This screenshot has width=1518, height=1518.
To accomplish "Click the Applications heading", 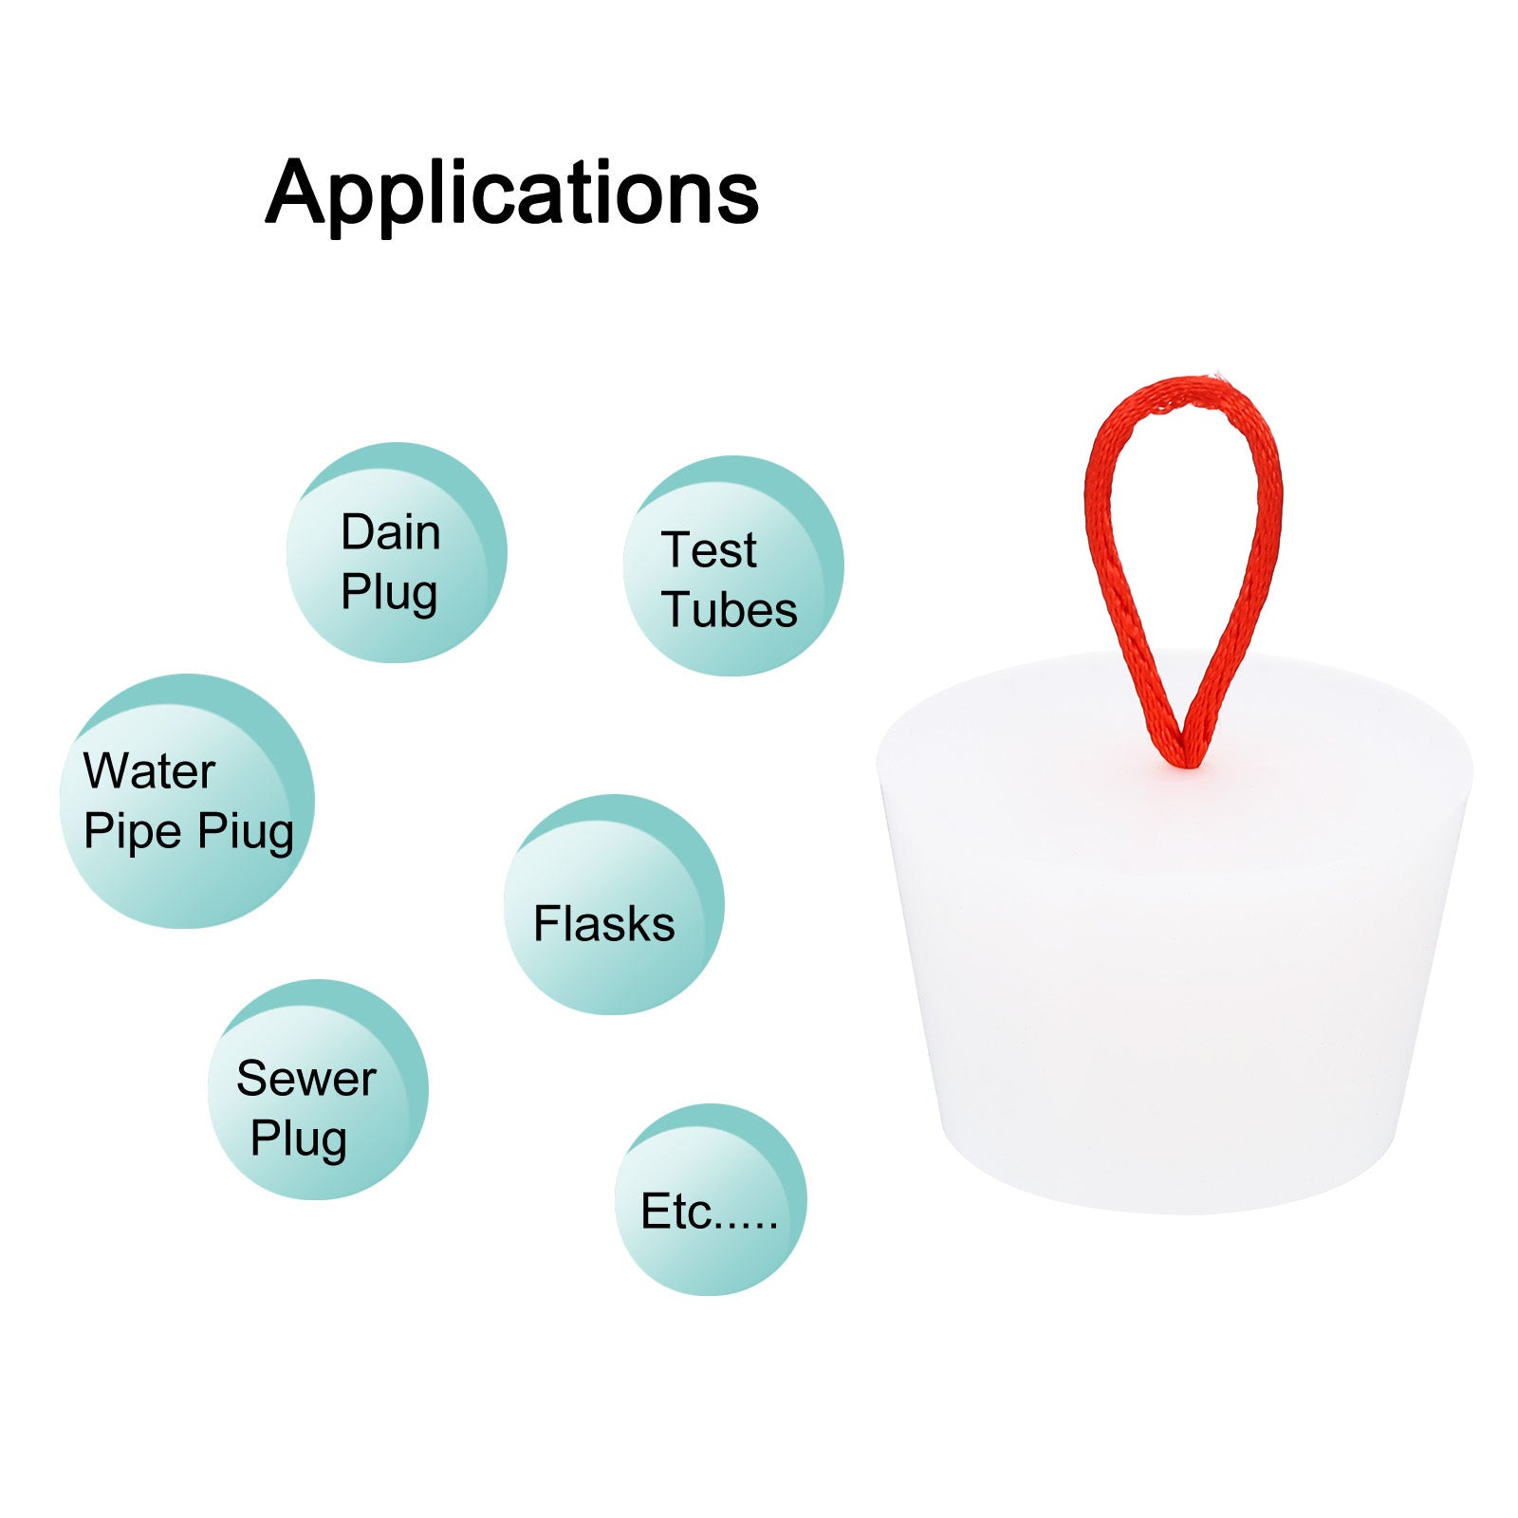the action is [512, 194].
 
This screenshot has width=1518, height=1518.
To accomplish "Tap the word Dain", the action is [391, 532].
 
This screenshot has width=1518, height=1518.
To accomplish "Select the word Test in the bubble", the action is [710, 550].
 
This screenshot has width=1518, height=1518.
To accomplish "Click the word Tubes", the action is [730, 609].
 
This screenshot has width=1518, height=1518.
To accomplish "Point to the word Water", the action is [149, 770].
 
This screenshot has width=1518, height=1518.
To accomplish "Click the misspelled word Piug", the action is [246, 832].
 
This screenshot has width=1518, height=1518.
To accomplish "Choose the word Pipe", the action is [133, 832].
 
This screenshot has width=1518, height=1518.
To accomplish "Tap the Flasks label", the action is [604, 924].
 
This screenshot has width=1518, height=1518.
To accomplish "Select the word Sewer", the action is [306, 1079].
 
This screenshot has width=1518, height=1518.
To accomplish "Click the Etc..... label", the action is [710, 1212].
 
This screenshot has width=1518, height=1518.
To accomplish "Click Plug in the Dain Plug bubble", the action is [389, 594].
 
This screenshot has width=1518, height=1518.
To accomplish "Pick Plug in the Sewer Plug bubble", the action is [299, 1139].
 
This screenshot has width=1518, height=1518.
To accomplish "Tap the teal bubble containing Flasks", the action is [614, 904].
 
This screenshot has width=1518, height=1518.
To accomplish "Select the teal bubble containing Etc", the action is [711, 1199].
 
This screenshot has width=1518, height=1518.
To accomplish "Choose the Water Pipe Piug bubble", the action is [187, 801].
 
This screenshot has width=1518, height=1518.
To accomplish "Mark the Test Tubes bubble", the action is [733, 565].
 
